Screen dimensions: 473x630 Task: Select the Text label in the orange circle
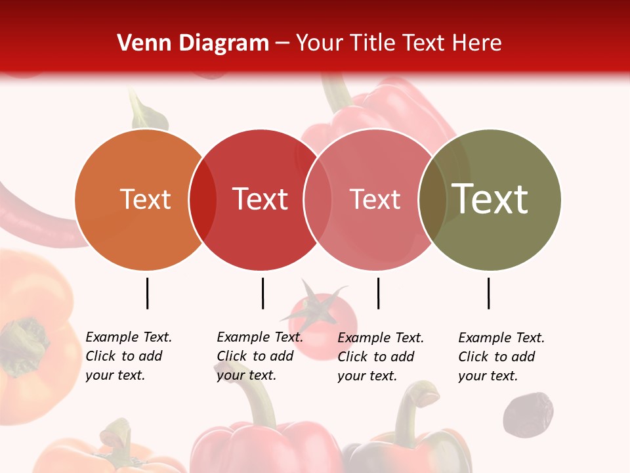[x=145, y=200]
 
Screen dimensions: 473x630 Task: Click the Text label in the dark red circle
[x=261, y=200]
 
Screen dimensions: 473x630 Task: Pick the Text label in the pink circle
[x=375, y=200]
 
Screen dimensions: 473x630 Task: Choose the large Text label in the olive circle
[x=490, y=199]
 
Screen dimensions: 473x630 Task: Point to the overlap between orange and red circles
[x=203, y=200]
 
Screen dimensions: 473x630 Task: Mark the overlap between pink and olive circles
[x=431, y=200]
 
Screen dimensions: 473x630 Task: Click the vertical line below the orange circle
[x=148, y=293]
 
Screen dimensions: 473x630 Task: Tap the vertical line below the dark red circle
[x=262, y=293]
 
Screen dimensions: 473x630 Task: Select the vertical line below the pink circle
[x=378, y=293]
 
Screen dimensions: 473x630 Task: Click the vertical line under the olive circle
[x=489, y=293]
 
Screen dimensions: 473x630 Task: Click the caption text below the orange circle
[x=129, y=356]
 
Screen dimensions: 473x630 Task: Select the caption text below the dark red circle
[x=260, y=356]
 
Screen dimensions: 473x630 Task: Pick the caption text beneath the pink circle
[x=381, y=357]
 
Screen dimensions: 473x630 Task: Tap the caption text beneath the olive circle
[x=501, y=357]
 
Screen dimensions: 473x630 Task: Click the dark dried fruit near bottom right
[x=528, y=415]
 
